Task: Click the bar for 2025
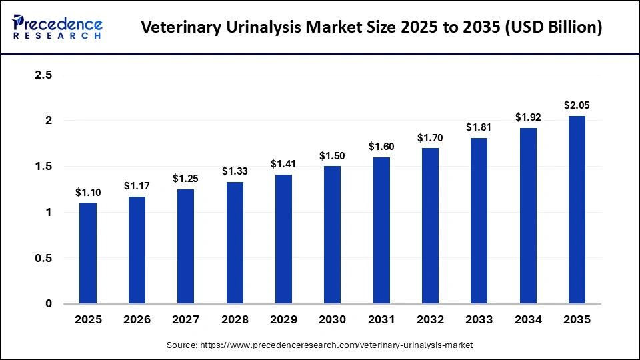(88, 253)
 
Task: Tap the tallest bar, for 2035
(577, 210)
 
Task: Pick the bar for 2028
(235, 243)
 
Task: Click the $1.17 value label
(137, 186)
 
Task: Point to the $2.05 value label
(577, 105)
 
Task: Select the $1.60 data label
(381, 147)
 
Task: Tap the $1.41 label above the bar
(283, 164)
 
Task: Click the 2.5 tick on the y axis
(43, 75)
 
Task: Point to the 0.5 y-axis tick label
(43, 258)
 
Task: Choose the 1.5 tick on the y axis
(43, 167)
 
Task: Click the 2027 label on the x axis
(186, 320)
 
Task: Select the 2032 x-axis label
(430, 320)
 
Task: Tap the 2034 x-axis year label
(528, 320)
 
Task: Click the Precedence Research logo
(57, 27)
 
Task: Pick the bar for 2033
(479, 221)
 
